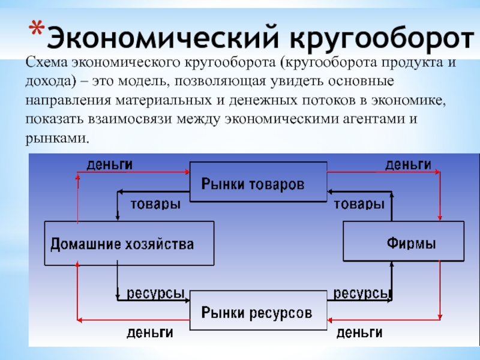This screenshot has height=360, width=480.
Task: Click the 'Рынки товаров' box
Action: tap(258, 182)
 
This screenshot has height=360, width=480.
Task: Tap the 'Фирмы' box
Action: tap(403, 242)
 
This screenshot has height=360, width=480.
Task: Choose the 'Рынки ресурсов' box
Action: tap(258, 311)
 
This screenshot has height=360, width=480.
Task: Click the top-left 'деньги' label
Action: tap(110, 164)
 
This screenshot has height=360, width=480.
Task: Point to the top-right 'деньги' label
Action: tap(407, 164)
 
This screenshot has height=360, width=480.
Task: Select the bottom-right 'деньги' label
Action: tap(359, 332)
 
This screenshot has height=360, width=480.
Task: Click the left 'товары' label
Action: tap(155, 204)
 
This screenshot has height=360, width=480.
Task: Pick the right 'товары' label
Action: tap(359, 204)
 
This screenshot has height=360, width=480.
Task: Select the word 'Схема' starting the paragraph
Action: tap(44, 62)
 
